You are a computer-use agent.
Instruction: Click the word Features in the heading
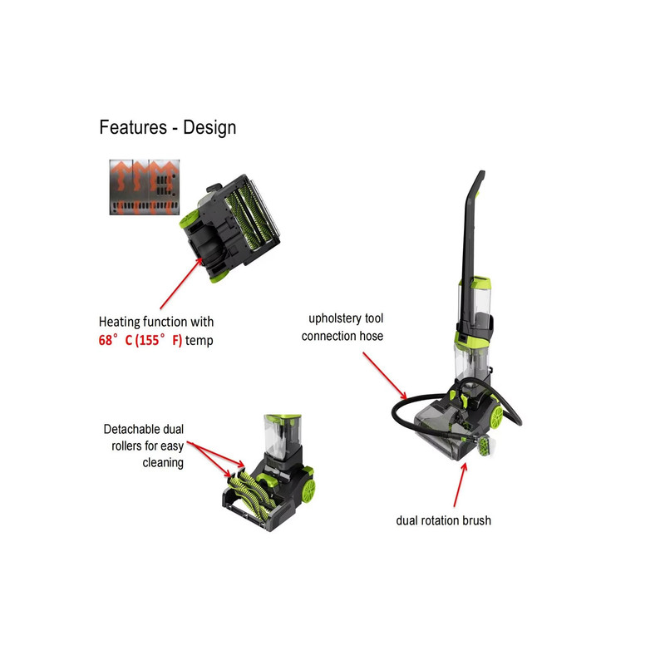pyautogui.click(x=133, y=127)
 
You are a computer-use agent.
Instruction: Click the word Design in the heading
pyautogui.click(x=209, y=128)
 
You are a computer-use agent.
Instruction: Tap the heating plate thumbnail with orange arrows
pyautogui.click(x=145, y=187)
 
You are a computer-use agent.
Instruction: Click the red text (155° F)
pyautogui.click(x=158, y=340)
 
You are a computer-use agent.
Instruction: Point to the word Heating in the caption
pyautogui.click(x=119, y=322)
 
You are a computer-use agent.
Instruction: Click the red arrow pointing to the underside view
pyautogui.click(x=181, y=283)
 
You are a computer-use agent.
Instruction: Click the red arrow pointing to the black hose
pyautogui.click(x=385, y=376)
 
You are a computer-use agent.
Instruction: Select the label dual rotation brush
pyautogui.click(x=443, y=520)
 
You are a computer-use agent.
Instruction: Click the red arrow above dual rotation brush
pyautogui.click(x=461, y=485)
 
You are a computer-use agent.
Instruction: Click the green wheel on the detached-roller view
pyautogui.click(x=308, y=490)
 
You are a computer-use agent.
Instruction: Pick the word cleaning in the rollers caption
pyautogui.click(x=163, y=463)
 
